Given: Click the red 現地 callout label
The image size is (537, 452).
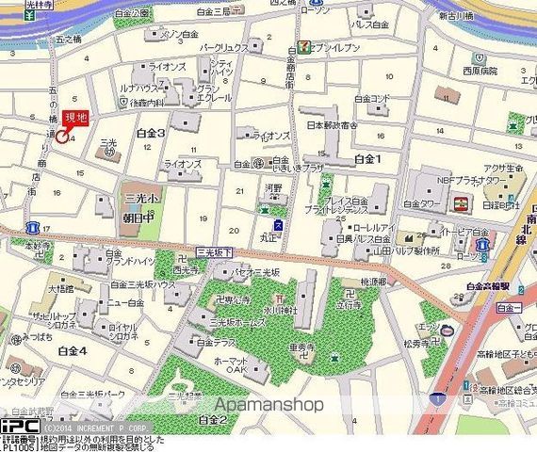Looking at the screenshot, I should (75, 119).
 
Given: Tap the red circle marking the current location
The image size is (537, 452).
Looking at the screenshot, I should (62, 137).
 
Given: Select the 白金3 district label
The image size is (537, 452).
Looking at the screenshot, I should (151, 134).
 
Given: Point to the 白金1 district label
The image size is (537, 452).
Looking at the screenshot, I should (368, 160).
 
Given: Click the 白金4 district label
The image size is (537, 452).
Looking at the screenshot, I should (72, 350).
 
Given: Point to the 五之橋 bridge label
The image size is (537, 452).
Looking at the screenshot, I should (70, 40).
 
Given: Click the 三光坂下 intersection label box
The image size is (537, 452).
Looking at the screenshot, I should (213, 251).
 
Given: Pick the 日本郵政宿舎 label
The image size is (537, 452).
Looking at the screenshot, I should (332, 124).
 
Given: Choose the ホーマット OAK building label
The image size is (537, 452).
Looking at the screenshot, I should (230, 364).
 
